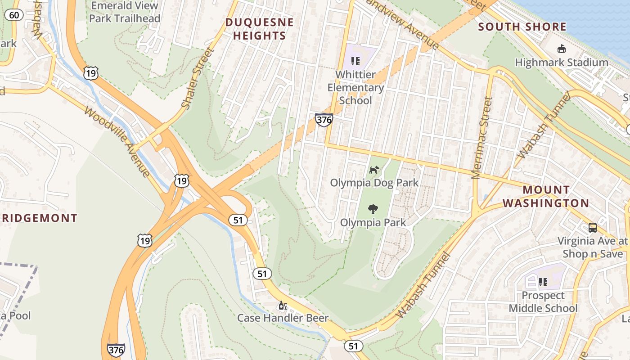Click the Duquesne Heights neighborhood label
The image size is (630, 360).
point(260,29)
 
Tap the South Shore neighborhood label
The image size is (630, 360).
point(522,27)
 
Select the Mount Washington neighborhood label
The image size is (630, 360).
point(545,196)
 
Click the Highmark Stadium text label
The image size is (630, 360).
point(562,62)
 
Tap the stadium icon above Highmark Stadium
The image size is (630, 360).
point(562,49)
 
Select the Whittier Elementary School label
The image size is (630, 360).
point(355,87)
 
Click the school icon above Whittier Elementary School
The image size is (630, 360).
point(355,61)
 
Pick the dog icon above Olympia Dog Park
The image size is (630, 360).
point(374,170)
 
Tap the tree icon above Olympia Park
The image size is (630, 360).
point(373,209)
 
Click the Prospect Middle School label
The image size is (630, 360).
point(543,301)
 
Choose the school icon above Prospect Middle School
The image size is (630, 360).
point(543,282)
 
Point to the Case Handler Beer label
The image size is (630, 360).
point(283,318)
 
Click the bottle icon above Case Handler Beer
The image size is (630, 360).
point(283,306)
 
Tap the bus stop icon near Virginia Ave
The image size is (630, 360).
point(593,227)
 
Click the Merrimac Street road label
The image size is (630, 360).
point(482,138)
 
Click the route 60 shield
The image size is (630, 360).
point(14,15)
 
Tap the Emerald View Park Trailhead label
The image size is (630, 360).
point(125,12)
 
